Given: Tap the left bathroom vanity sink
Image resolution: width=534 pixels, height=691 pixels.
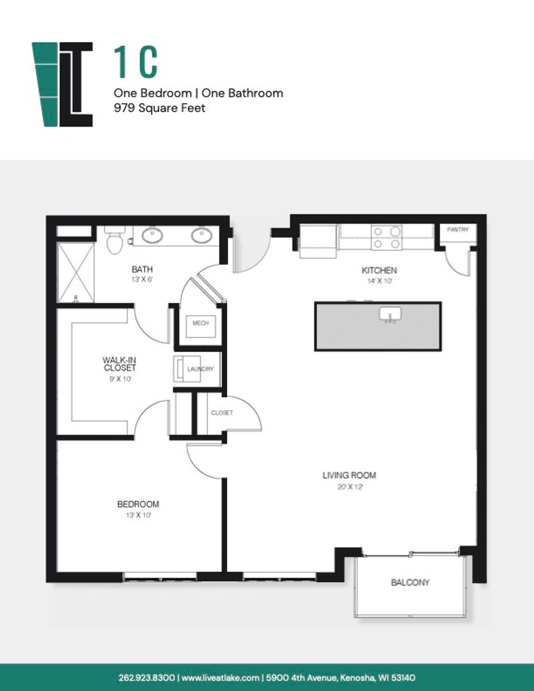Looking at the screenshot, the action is coord(152,235).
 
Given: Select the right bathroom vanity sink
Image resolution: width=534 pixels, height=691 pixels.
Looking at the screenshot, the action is coord(201,235).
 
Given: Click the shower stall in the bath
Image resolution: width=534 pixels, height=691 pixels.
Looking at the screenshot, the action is coord(75,273).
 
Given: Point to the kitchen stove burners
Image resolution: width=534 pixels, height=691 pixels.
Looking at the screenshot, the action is coord(386,237).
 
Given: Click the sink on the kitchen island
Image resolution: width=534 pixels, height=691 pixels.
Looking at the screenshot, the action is coord(390,314).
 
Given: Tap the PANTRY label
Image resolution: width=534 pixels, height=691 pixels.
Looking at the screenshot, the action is coord(458,230).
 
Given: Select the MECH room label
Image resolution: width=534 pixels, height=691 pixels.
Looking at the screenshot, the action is coord(200,323).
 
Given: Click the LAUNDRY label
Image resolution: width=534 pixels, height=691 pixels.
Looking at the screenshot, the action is coord(200,369).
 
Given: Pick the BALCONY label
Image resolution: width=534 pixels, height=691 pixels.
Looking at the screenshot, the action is coord(410,583).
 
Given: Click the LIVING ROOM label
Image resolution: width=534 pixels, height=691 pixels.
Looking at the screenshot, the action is coord(349,475).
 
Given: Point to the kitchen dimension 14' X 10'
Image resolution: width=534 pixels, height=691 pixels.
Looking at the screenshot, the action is coord(379,281).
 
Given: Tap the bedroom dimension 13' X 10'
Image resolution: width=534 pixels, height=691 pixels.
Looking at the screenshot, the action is coord(138,514).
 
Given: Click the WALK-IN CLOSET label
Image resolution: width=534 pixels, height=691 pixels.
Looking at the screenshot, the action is coord(120,364).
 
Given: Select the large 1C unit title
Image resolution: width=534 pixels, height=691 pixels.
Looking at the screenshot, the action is coord(136,62).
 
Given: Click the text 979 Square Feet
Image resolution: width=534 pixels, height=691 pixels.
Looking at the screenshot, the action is coord(159,108).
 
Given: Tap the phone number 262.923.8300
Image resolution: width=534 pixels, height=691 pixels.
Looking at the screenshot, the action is coord(146,678).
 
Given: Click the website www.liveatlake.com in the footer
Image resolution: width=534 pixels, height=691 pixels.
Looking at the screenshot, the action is coord(220,678).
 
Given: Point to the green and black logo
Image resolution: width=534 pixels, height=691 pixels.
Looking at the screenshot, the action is coord(62,84).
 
